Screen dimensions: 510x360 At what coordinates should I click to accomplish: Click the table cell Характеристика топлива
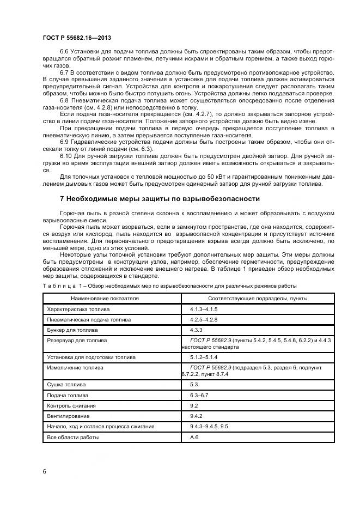[78, 309]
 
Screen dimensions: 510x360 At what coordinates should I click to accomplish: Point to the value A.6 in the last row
[194, 437]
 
